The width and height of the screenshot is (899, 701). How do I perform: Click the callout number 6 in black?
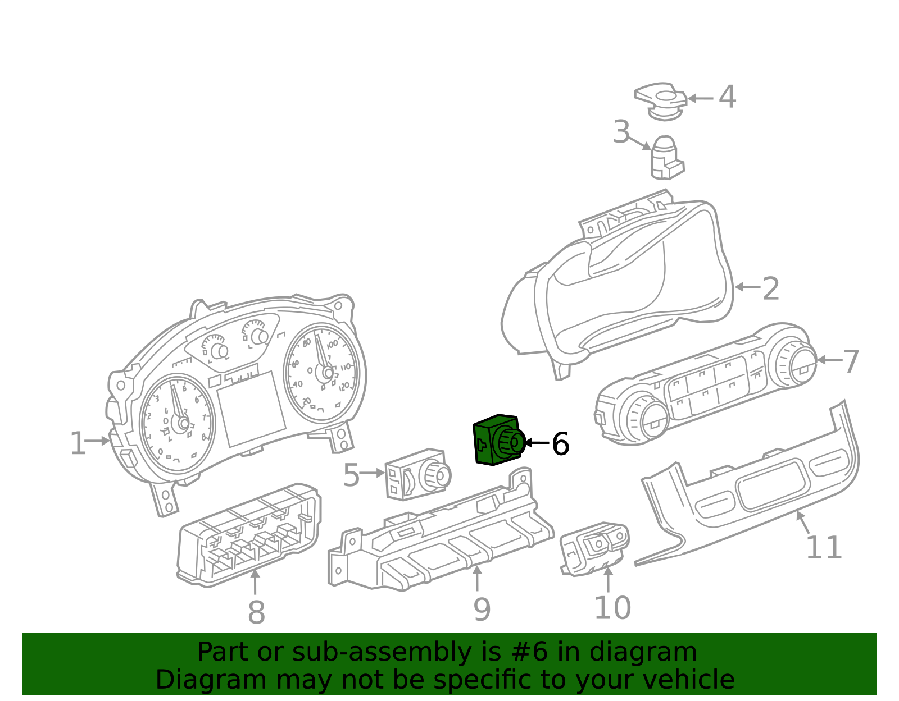[x=560, y=443]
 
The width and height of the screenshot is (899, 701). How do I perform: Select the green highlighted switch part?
[x=497, y=441]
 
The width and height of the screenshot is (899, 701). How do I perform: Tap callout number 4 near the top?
[x=727, y=97]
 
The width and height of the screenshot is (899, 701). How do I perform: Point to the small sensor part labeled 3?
[x=665, y=159]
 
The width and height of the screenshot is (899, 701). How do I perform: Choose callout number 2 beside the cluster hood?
[x=770, y=288]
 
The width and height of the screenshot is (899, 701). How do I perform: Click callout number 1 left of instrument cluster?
[x=78, y=443]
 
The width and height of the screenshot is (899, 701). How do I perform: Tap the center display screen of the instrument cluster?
[x=251, y=408]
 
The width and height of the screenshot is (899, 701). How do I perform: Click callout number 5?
[x=351, y=475]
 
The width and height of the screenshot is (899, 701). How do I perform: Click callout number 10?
[x=612, y=607]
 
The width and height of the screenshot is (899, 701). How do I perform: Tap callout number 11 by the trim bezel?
[x=824, y=547]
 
